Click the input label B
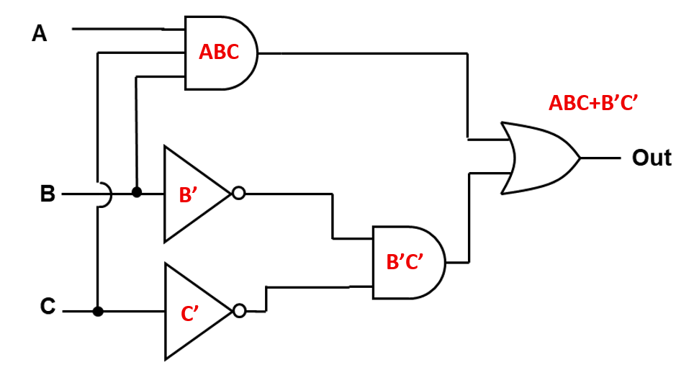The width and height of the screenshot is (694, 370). pyautogui.click(x=48, y=194)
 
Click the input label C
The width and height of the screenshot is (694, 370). pyautogui.click(x=47, y=307)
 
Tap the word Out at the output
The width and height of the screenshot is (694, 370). pyautogui.click(x=651, y=158)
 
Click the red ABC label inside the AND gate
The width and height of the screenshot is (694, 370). pyautogui.click(x=219, y=53)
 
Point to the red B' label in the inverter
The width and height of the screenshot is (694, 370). pyautogui.click(x=189, y=194)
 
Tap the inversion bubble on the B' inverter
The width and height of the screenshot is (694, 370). pyautogui.click(x=239, y=194)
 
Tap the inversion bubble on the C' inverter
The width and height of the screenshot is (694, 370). pyautogui.click(x=240, y=311)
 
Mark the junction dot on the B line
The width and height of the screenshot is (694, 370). pyautogui.click(x=136, y=193)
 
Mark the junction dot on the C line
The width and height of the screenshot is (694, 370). pyautogui.click(x=98, y=311)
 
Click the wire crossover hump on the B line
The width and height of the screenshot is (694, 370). pyautogui.click(x=104, y=194)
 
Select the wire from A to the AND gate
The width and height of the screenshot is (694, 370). pyautogui.click(x=119, y=30)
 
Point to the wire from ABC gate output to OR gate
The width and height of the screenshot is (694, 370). pyautogui.click(x=360, y=53)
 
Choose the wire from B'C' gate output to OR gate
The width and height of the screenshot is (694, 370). pyautogui.click(x=469, y=216)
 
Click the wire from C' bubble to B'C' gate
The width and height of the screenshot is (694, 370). pyautogui.click(x=317, y=288)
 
